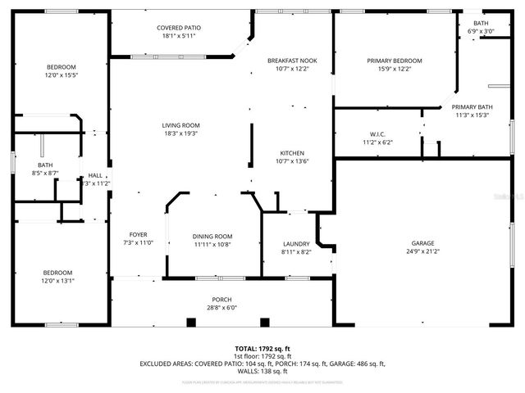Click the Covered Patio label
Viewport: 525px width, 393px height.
[180, 28]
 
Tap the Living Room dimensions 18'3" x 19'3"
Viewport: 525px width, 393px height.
[180, 133]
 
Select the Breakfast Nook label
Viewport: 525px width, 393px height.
[292, 61]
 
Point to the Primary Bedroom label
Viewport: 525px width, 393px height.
[395, 61]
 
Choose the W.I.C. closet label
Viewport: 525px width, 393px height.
[377, 134]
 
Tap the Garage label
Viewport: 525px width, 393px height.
[422, 243]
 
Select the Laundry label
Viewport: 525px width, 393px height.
[296, 244]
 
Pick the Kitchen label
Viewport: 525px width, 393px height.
[292, 153]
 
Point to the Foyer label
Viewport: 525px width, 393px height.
[138, 234]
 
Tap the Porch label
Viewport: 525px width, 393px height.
[221, 300]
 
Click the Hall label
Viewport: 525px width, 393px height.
[95, 175]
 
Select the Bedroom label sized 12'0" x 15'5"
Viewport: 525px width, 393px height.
[61, 66]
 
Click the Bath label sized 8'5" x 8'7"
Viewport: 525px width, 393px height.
[44, 165]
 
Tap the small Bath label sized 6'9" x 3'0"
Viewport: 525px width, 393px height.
[481, 23]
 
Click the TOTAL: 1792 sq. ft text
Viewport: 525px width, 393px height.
[262, 348]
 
